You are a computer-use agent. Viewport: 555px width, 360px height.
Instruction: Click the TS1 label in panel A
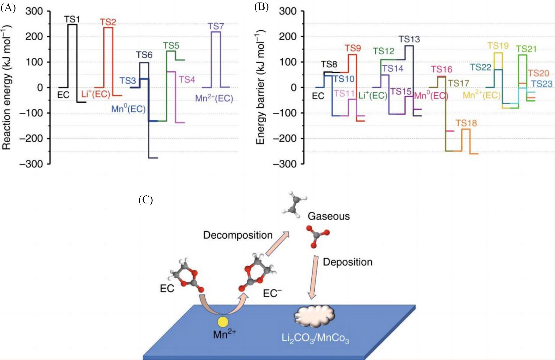72,19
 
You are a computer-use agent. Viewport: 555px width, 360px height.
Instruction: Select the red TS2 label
108,22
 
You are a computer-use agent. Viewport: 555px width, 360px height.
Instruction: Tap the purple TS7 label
216,26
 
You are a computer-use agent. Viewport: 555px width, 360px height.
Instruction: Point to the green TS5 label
171,46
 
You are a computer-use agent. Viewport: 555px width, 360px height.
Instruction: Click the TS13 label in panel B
409,39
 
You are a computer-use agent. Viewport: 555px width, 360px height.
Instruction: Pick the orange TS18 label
466,123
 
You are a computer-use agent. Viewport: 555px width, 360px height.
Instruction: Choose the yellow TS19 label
498,46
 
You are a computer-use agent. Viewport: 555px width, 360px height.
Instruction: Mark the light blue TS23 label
541,84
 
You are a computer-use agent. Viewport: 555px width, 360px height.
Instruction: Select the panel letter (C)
145,200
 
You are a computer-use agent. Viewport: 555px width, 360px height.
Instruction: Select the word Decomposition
238,235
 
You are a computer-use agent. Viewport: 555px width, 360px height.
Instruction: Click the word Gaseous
328,216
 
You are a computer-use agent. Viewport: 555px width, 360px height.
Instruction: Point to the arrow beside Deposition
314,277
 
